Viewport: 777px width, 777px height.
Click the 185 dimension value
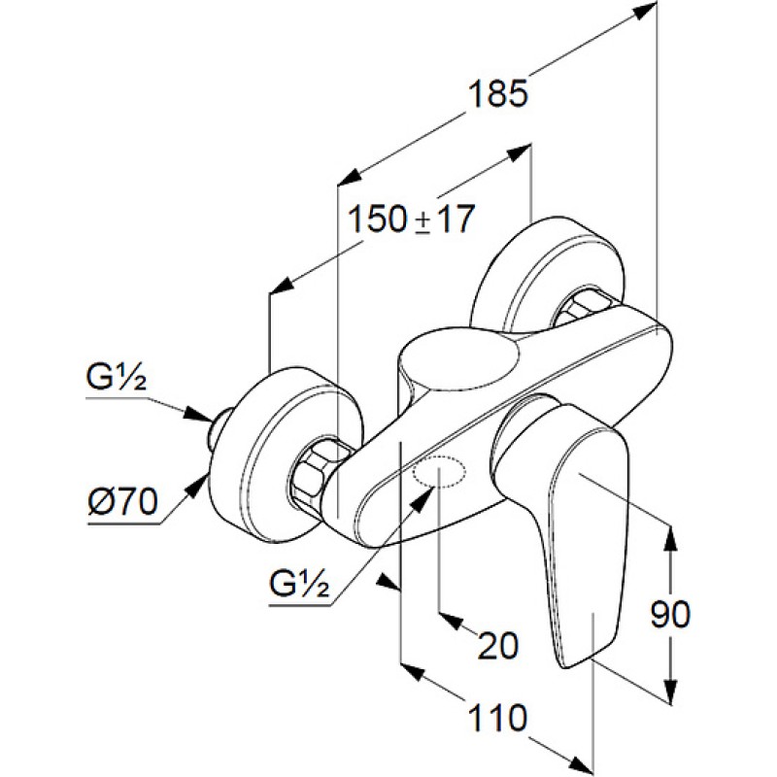tap(495, 94)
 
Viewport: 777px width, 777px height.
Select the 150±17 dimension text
tap(412, 220)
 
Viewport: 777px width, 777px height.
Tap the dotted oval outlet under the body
tap(439, 474)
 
